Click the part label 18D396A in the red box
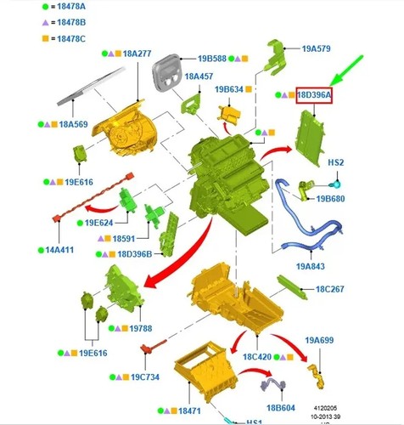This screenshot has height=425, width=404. (314, 95)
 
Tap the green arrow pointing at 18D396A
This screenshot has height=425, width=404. (346, 71)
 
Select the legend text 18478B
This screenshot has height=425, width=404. (71, 22)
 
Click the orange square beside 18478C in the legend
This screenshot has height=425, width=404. (45, 38)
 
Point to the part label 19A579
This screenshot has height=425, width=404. (316, 48)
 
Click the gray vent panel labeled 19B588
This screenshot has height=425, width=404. (166, 73)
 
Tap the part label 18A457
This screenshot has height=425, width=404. (199, 76)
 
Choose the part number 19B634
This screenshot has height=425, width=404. (229, 89)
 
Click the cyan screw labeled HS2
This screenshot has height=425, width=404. (335, 184)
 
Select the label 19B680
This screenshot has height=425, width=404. (330, 199)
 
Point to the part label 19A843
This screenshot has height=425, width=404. (311, 266)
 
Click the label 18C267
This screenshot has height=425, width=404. (330, 289)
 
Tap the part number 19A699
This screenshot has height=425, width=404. (319, 340)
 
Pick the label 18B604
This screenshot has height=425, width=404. (281, 408)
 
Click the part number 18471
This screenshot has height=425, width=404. (189, 411)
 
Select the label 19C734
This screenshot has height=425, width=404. (145, 377)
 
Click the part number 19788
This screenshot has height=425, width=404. (141, 328)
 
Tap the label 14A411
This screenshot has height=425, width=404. (59, 250)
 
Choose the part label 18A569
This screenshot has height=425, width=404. (73, 124)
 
